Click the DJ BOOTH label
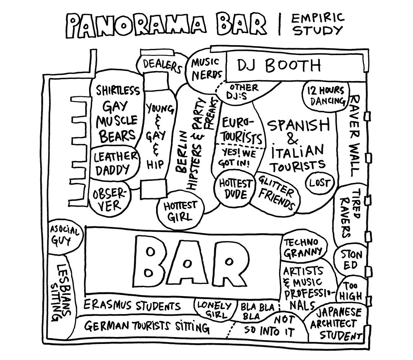point(279,66)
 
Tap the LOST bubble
point(319,182)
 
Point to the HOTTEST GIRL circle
point(180,211)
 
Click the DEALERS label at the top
point(162,66)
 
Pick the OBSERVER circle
point(110,199)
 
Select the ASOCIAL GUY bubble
point(65,236)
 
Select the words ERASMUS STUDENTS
point(132,306)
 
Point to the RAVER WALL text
point(355,135)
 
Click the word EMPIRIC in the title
point(318,18)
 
